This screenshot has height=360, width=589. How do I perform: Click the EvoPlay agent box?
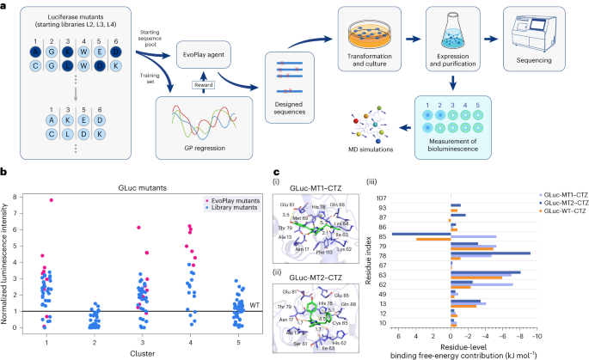click(203, 53)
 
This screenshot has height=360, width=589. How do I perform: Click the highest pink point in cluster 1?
click(52, 200)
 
